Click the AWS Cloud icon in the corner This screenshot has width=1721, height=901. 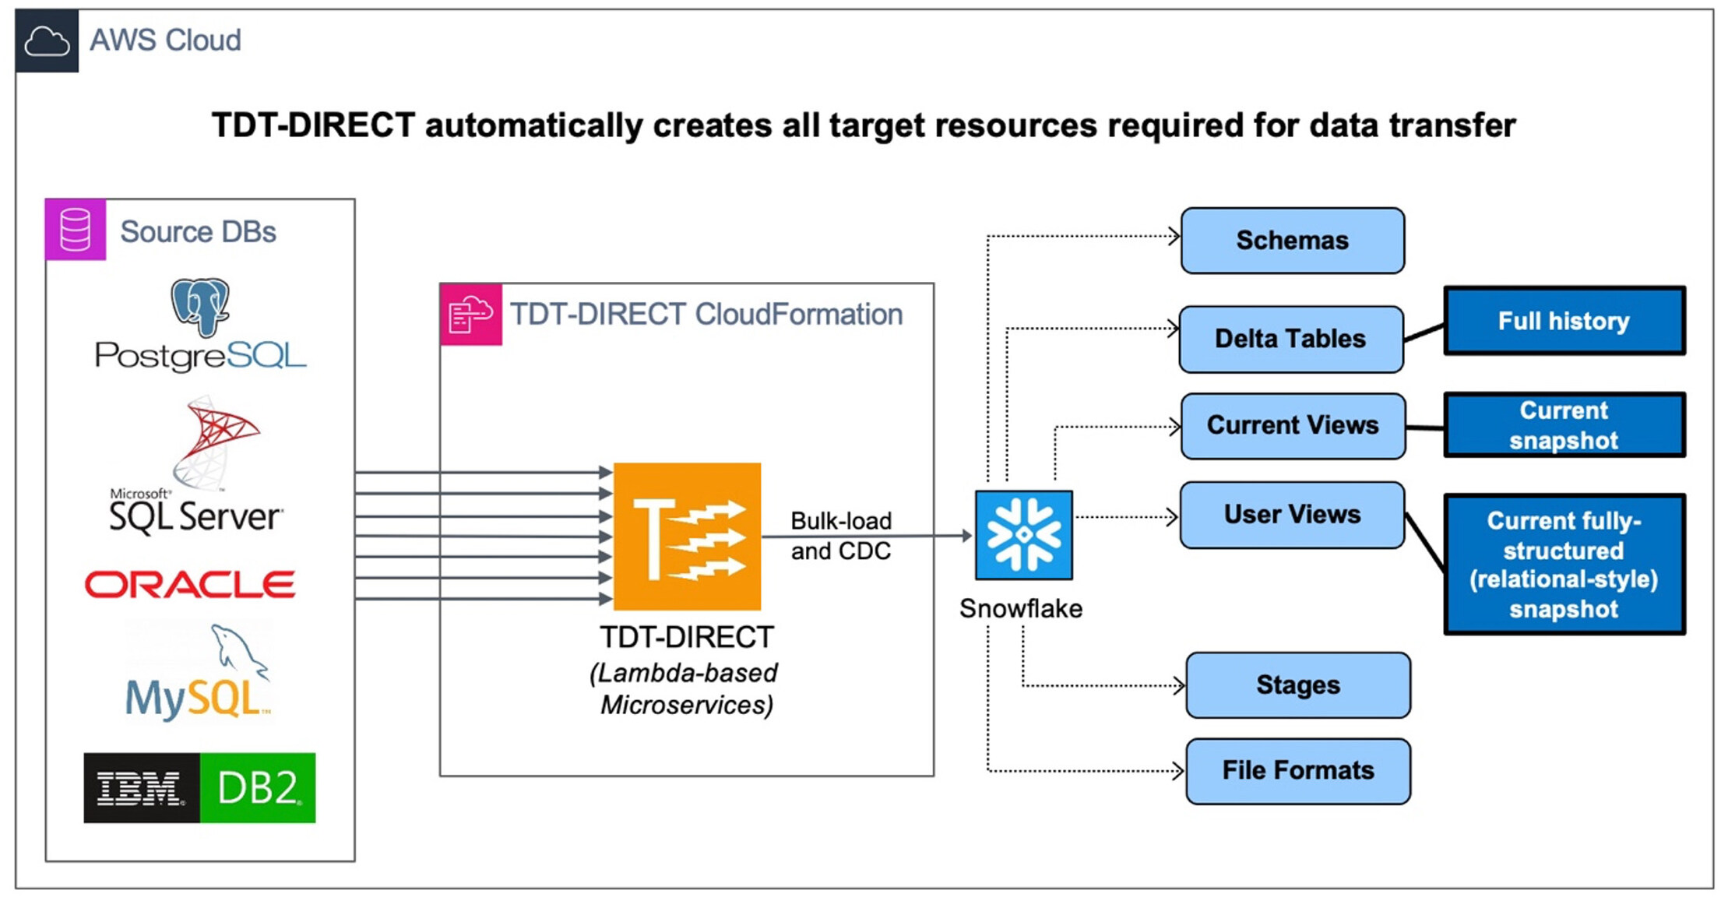point(47,41)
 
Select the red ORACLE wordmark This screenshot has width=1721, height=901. point(190,585)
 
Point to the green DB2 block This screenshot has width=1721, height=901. point(258,787)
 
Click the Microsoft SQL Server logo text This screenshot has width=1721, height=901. point(195,516)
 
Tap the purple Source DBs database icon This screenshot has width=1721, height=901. point(76,230)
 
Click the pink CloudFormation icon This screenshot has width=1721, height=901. point(470,315)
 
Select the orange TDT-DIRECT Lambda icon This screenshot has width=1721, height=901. point(687,537)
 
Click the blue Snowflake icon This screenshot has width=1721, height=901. point(1024,535)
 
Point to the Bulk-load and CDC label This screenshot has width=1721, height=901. point(840,536)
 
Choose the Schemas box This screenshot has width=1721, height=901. point(1292,241)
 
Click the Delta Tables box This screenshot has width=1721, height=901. point(1290,339)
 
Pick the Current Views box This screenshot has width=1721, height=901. point(1293,425)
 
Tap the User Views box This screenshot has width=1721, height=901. point(1292,515)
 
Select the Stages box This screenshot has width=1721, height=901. point(1297,685)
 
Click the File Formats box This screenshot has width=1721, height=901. point(1297,771)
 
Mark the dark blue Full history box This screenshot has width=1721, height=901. point(1564,321)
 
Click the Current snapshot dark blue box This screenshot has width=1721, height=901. point(1564,425)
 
